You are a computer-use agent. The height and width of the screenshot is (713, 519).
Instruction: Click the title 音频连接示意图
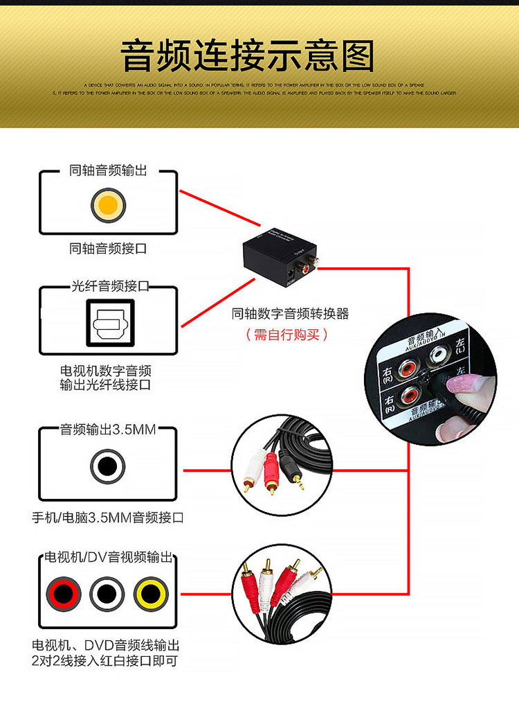247,56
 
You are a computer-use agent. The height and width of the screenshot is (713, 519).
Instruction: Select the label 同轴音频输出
108,170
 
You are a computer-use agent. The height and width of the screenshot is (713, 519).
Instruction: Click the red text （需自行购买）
286,335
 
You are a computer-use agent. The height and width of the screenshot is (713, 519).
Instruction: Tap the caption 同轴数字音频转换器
291,314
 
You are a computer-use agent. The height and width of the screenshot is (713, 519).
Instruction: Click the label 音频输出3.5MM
108,430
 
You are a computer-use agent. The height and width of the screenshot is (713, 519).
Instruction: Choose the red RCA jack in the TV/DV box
64,594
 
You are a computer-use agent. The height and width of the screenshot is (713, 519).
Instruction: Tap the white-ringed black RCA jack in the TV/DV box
107,594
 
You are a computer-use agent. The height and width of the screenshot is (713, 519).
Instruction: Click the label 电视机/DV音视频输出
108,557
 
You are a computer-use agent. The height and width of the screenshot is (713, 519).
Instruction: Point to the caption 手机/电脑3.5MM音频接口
108,517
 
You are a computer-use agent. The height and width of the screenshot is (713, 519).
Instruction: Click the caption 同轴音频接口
108,248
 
